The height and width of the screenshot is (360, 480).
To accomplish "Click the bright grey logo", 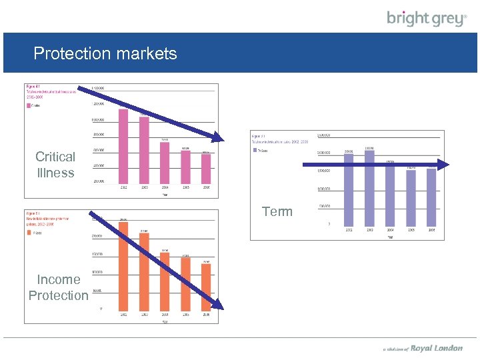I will click(427, 19).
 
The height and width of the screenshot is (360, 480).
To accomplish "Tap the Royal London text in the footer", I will click(437, 348).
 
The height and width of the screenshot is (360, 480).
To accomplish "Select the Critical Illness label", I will click(55, 165).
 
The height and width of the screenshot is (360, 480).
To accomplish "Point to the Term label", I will click(277, 211).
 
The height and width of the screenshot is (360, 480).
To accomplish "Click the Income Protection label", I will click(58, 287).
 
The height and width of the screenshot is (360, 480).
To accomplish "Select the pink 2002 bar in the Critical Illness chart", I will click(123, 145).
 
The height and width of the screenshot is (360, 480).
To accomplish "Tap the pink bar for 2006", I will click(206, 169).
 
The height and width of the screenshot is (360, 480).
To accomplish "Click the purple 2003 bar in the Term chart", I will click(369, 187).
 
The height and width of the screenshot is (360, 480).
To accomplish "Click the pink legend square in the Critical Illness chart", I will click(29, 105).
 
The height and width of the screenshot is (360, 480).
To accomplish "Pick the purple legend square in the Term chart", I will click(255, 150).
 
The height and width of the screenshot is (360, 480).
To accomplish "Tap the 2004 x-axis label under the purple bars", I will click(390, 230).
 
